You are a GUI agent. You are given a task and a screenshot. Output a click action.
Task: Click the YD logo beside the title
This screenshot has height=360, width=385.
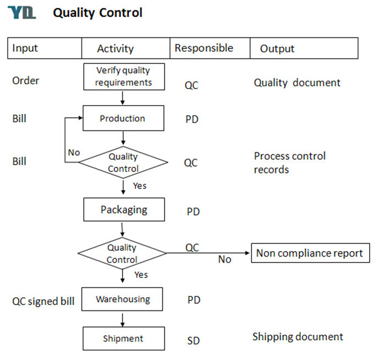22,13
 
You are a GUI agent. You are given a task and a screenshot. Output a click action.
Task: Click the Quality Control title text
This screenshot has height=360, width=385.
98,13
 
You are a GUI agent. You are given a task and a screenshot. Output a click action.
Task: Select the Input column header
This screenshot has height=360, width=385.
25,48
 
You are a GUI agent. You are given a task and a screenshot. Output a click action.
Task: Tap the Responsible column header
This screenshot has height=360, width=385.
204,48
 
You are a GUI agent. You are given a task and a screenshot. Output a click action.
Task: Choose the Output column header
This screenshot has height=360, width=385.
277,48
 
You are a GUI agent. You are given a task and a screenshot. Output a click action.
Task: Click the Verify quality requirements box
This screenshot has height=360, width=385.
124,77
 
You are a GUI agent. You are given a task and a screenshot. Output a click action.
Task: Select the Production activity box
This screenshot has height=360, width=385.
124,118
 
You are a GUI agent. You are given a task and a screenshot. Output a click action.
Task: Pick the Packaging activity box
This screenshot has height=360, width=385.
124,210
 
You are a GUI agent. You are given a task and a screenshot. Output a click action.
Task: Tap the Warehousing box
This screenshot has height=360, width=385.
122,299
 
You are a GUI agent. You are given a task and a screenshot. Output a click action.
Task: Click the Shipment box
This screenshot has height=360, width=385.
124,339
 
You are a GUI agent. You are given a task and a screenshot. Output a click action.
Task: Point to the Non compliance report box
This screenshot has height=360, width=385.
310,253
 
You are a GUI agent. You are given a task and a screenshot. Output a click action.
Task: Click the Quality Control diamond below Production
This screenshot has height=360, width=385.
123,162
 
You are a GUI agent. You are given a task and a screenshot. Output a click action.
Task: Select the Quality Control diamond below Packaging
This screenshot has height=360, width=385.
122,253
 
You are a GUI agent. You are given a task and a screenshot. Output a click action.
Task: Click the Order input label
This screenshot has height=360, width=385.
25,80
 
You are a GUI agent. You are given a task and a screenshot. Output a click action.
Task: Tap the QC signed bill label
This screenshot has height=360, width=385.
43,301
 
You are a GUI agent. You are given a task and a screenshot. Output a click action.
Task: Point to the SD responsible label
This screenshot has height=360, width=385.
194,341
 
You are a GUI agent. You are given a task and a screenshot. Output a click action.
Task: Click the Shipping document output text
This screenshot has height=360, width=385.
298,337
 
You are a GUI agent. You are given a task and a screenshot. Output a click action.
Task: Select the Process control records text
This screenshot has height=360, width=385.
290,163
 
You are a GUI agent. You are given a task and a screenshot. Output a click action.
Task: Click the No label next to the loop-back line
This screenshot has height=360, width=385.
74,152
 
